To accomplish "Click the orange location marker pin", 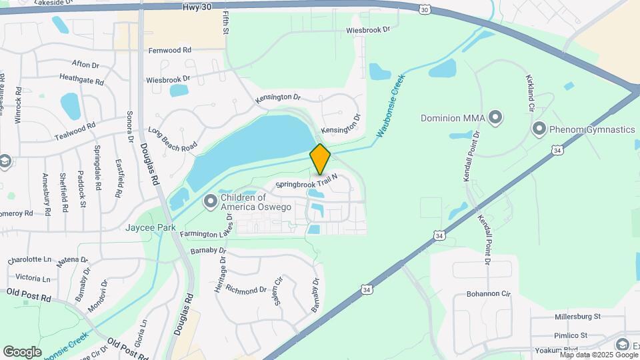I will coord(320,159).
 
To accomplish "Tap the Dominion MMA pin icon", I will coord(495,118).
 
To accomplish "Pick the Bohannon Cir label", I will coord(488,293).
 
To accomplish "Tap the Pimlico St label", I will coord(574,335).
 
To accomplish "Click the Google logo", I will coord(22,351).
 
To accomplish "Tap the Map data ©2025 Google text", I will coord(599,355).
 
